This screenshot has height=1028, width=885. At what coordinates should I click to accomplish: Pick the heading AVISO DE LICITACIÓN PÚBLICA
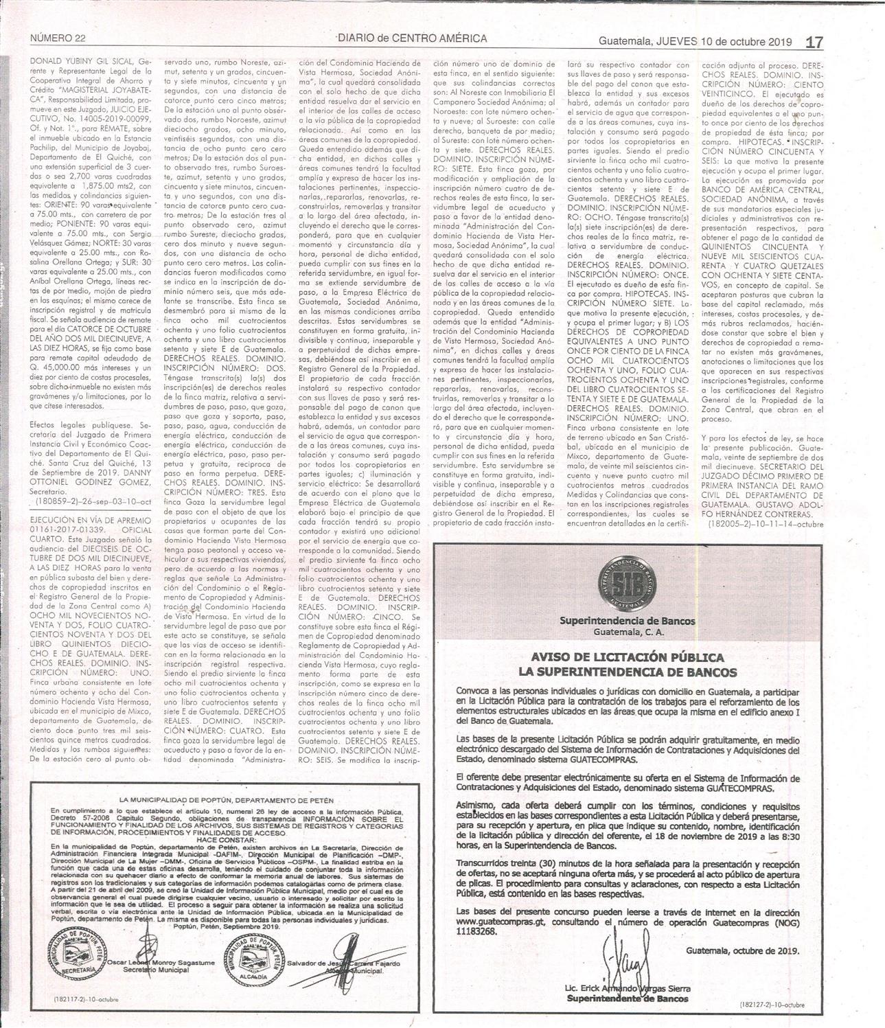point(625,658)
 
